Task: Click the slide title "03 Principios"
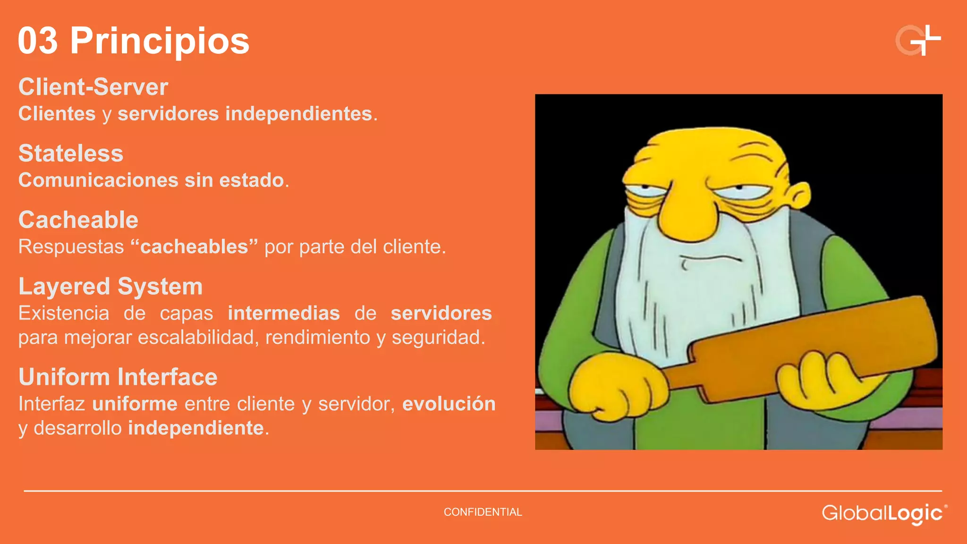click(x=134, y=41)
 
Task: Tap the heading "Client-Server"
click(x=93, y=87)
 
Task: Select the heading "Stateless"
click(x=71, y=153)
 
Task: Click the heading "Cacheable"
click(x=78, y=220)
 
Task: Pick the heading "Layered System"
click(x=110, y=287)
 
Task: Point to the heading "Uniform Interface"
click(x=118, y=377)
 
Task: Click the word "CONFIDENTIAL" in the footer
click(x=483, y=512)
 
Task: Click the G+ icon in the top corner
click(x=918, y=41)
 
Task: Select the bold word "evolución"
click(x=449, y=404)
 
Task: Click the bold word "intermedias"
click(x=284, y=313)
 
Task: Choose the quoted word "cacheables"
click(x=194, y=246)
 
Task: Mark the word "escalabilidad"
click(x=198, y=338)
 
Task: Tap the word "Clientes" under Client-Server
click(x=57, y=114)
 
